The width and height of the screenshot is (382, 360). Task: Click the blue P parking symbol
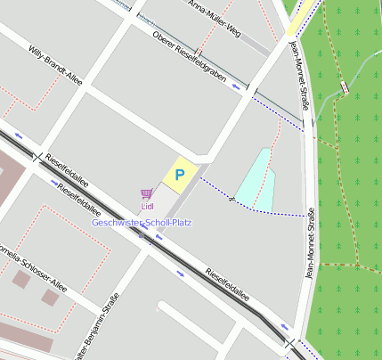[179, 175]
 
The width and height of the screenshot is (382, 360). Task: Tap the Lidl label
[148, 206]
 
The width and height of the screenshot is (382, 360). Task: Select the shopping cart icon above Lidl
[145, 193]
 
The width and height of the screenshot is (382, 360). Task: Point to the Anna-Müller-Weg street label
[216, 17]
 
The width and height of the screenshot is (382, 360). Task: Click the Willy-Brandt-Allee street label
[55, 65]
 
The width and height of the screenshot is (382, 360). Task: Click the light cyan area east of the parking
[253, 183]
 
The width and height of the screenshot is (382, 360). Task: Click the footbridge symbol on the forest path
[344, 87]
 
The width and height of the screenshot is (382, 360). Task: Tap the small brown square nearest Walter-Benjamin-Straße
[51, 298]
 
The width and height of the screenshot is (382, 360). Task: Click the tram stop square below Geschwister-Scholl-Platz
[141, 235]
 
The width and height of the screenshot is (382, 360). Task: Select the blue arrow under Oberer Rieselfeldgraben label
[236, 86]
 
